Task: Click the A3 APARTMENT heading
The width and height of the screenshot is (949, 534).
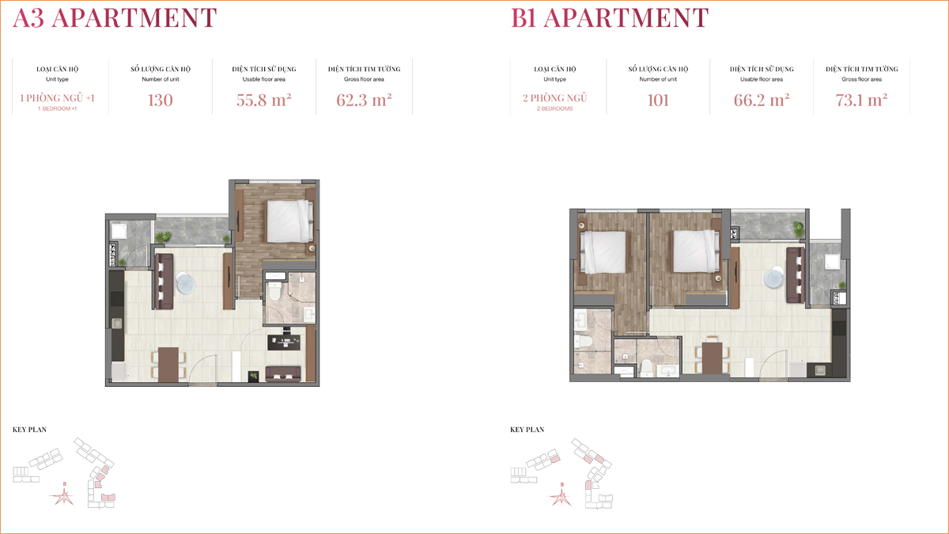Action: click(x=115, y=17)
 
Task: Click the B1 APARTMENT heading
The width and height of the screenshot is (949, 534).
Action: click(x=610, y=17)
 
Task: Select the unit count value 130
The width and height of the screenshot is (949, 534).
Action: click(x=160, y=100)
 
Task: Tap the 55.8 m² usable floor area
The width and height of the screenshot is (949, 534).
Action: click(x=263, y=100)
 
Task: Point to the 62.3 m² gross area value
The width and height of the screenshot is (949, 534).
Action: click(x=364, y=100)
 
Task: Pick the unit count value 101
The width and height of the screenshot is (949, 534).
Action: click(x=658, y=100)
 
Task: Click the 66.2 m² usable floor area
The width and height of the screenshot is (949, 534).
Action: click(x=762, y=100)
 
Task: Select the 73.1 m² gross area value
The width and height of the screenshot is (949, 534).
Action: click(x=861, y=100)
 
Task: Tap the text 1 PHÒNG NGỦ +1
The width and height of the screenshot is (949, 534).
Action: click(x=57, y=98)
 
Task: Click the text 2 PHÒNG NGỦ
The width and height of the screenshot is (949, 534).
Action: click(x=554, y=98)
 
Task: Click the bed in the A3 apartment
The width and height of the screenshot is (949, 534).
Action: click(x=290, y=221)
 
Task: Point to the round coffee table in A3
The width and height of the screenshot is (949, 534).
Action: click(x=186, y=283)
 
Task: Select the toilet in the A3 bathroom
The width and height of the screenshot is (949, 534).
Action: click(x=275, y=290)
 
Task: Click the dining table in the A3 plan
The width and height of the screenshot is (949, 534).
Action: click(x=168, y=365)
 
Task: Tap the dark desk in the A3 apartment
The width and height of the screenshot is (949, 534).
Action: click(x=284, y=342)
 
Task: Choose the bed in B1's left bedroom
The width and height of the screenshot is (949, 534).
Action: click(x=603, y=252)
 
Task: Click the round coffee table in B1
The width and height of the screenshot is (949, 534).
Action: click(x=774, y=277)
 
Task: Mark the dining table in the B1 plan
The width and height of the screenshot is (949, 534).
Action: click(x=713, y=358)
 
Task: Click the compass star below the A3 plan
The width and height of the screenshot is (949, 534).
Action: click(x=63, y=496)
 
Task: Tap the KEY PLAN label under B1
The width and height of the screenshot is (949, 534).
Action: click(x=527, y=430)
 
